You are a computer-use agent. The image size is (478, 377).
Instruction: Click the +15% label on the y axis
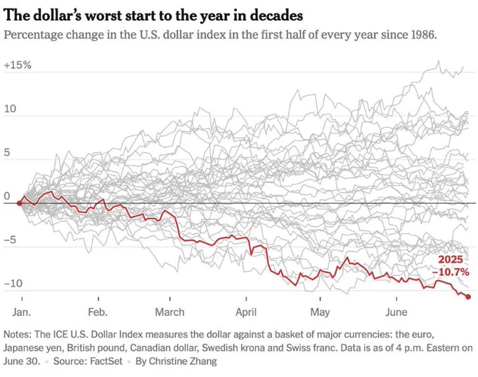pos(18,65)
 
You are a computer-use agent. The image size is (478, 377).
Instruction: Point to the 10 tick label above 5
pos(10,109)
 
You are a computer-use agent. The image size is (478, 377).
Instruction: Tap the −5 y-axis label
pos(9,239)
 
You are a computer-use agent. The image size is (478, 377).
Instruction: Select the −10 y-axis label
pos(13,283)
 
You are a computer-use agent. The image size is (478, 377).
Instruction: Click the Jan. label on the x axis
pos(22,312)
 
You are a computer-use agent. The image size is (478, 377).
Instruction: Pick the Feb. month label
pos(98,312)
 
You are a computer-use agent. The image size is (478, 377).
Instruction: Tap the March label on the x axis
pos(170,312)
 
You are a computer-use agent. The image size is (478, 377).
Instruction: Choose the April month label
pos(246,312)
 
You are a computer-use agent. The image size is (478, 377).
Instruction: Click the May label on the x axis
pos(320,312)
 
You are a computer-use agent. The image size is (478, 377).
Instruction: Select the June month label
pos(396,312)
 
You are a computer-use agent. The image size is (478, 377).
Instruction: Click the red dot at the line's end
pos(468,296)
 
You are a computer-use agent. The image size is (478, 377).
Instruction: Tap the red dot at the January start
pos(19,203)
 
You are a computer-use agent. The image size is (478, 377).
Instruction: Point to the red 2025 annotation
pos(451,260)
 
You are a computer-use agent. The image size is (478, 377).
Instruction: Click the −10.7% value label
pos(451,272)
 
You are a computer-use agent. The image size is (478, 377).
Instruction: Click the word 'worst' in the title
pos(98,15)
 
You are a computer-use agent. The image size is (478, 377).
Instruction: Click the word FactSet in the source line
pos(106,361)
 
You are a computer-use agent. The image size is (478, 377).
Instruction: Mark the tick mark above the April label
pos(246,298)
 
